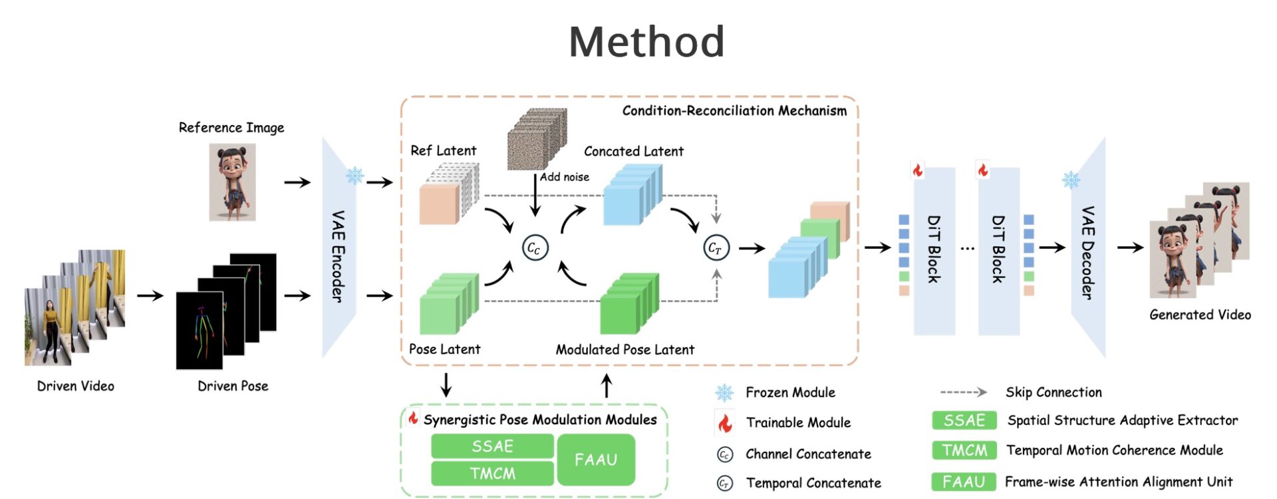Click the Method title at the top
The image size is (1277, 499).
click(x=646, y=42)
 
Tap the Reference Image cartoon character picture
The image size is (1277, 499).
click(x=232, y=182)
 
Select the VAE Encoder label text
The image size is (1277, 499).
click(x=339, y=256)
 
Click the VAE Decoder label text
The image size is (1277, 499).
click(x=1087, y=253)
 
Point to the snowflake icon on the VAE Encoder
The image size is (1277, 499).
click(x=355, y=176)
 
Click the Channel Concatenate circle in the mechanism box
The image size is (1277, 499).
click(x=534, y=248)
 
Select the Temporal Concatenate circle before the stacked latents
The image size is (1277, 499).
click(x=716, y=248)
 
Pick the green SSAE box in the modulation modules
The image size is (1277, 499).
click(x=492, y=446)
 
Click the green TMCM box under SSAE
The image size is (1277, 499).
click(x=492, y=473)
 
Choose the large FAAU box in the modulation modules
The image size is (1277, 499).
click(x=596, y=460)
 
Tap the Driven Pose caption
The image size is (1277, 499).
click(x=233, y=386)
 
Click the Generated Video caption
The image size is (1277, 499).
click(x=1200, y=315)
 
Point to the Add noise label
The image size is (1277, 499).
click(x=565, y=177)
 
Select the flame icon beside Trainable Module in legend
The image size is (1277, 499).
click(x=725, y=422)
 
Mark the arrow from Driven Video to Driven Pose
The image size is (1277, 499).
click(x=150, y=295)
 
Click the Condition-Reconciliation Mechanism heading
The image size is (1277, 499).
click(x=734, y=110)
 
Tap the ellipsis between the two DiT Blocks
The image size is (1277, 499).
click(x=967, y=248)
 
